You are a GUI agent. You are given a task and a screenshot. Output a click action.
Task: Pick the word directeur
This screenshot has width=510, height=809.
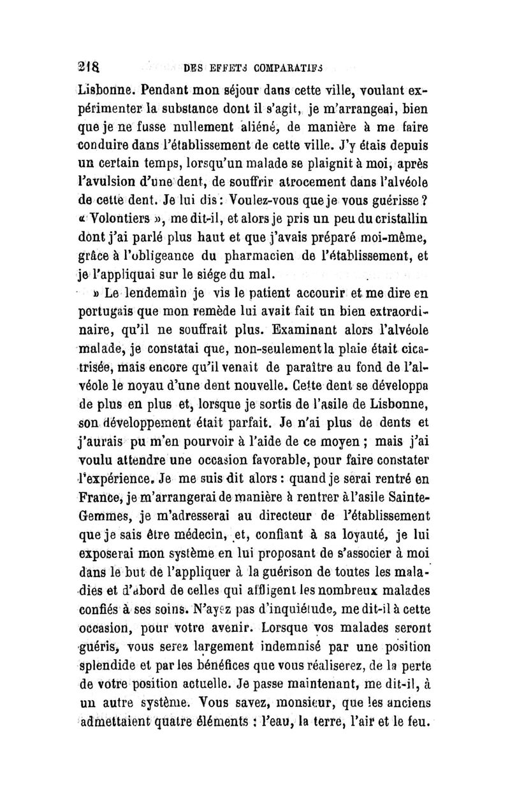[302, 517]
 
